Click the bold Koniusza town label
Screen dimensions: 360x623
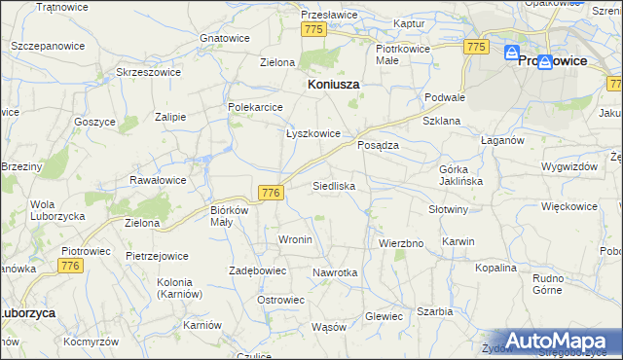click(x=333, y=85)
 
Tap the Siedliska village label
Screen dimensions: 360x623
click(x=334, y=185)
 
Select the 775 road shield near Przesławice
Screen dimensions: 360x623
click(x=312, y=30)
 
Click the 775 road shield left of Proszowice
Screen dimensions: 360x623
click(x=475, y=47)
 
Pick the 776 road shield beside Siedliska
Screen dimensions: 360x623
click(x=272, y=194)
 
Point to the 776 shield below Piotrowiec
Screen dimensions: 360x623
click(x=69, y=265)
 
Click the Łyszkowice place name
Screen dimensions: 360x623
click(x=312, y=134)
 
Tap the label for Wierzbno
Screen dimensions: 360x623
click(x=401, y=243)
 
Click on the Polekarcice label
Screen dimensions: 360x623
click(x=255, y=107)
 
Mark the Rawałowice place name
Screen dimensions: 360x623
click(x=158, y=180)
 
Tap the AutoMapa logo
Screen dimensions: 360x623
click(x=557, y=341)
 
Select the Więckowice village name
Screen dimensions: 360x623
click(x=568, y=206)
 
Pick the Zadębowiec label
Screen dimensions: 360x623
click(x=257, y=270)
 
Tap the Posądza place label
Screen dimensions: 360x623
click(x=378, y=144)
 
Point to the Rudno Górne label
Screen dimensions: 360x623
click(x=555, y=283)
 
